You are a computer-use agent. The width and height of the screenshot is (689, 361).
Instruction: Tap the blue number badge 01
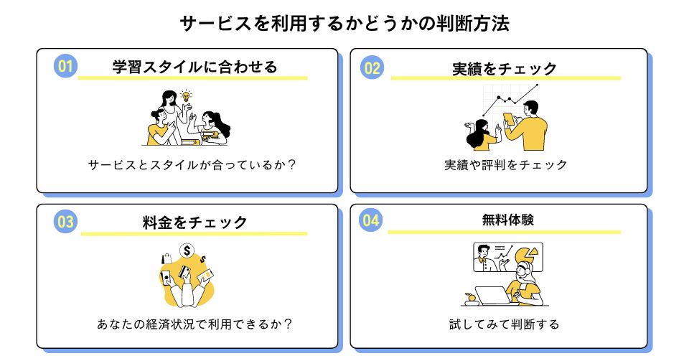pos(65,67)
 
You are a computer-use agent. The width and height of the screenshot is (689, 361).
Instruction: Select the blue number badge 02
pos(373,68)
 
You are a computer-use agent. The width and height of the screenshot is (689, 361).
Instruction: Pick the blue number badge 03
pos(65,222)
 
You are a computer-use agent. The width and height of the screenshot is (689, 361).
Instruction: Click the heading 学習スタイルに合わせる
pos(194,67)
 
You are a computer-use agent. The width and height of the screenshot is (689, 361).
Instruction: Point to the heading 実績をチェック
pos(505,69)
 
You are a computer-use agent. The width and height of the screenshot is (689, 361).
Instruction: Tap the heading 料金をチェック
pos(194,222)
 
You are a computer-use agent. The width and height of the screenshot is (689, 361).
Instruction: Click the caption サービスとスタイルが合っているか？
pos(192,164)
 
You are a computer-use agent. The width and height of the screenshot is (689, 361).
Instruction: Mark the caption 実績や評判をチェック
pos(505,164)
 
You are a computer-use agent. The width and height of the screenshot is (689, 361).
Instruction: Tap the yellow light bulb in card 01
pos(187,95)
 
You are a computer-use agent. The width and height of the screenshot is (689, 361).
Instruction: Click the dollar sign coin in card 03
pos(187,251)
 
